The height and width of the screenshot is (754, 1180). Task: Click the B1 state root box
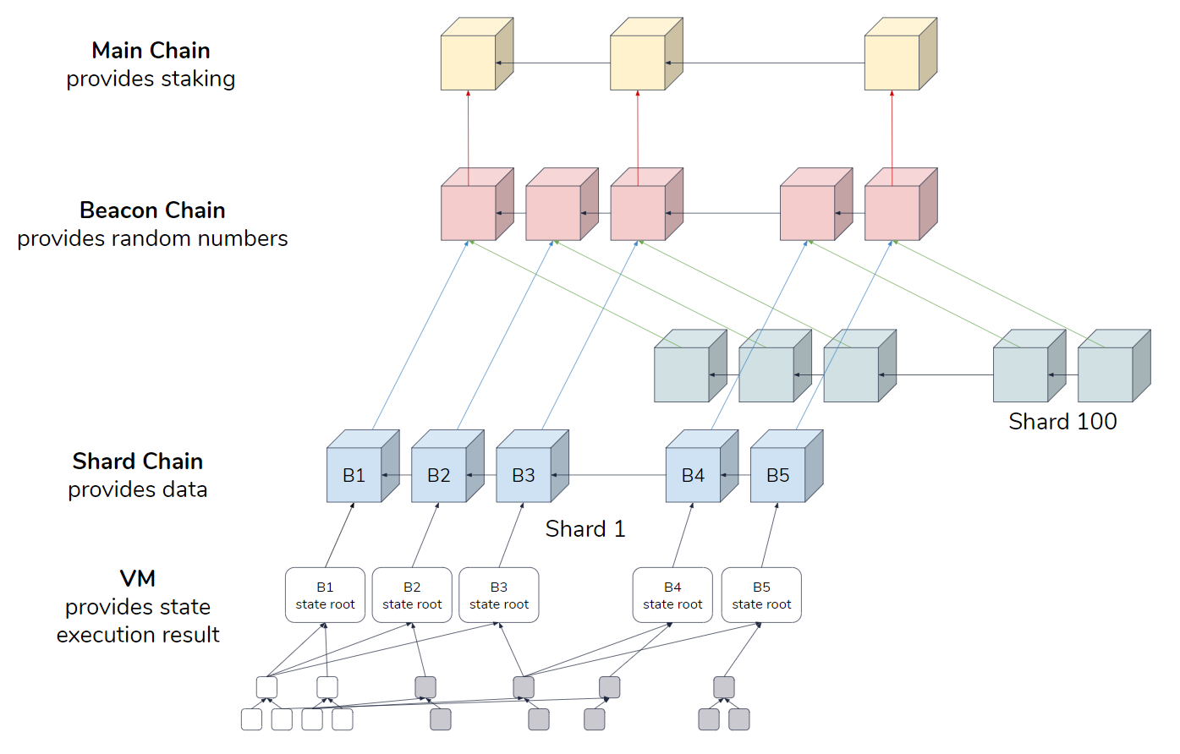click(x=325, y=595)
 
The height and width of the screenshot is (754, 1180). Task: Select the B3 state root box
click(x=499, y=595)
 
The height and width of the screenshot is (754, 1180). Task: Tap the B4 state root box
click(x=672, y=595)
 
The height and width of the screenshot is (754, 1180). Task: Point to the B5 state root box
click(x=761, y=595)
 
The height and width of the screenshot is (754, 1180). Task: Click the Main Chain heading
click(x=151, y=51)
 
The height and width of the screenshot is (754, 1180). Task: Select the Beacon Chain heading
click(x=152, y=210)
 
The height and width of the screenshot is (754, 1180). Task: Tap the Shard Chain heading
click(x=138, y=461)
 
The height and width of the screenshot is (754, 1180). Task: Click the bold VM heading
click(x=138, y=578)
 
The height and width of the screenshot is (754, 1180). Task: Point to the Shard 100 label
click(x=1062, y=421)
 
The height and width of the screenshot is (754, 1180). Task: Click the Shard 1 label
click(x=585, y=529)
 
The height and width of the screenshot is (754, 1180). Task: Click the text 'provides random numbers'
click(x=152, y=238)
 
